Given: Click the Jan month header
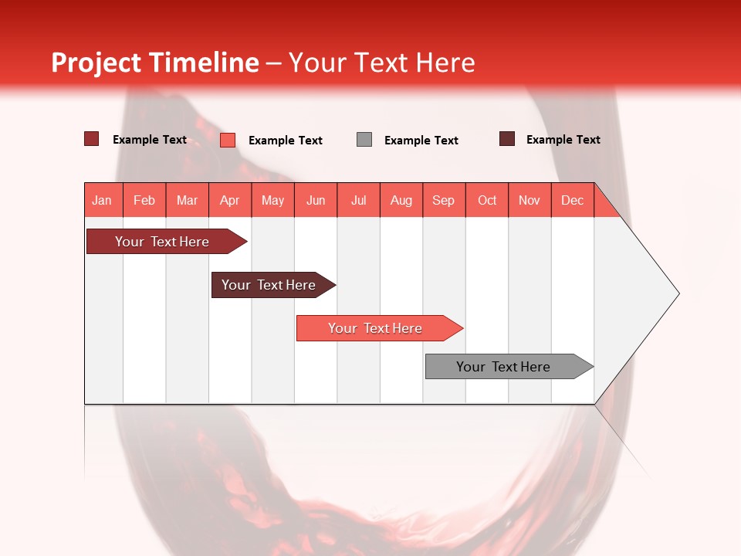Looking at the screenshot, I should click(x=103, y=200).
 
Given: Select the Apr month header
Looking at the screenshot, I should click(x=230, y=200).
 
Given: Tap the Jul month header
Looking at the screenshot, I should click(x=359, y=200).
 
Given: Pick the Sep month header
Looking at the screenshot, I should click(x=444, y=200).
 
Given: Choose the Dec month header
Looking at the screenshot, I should click(x=573, y=200).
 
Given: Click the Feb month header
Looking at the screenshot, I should click(x=144, y=200).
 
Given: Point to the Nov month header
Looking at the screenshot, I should click(x=530, y=200).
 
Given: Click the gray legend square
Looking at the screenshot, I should click(x=364, y=139).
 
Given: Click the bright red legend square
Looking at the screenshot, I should click(x=228, y=140).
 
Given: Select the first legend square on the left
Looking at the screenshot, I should click(x=92, y=139).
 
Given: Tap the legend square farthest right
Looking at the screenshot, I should click(x=507, y=139).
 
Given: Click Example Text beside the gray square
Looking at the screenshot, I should click(x=421, y=141).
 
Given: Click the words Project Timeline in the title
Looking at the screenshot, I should click(x=155, y=63).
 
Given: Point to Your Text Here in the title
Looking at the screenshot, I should click(x=382, y=63).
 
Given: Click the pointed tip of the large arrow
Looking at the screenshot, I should click(x=677, y=293).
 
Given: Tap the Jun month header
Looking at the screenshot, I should click(x=316, y=200).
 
